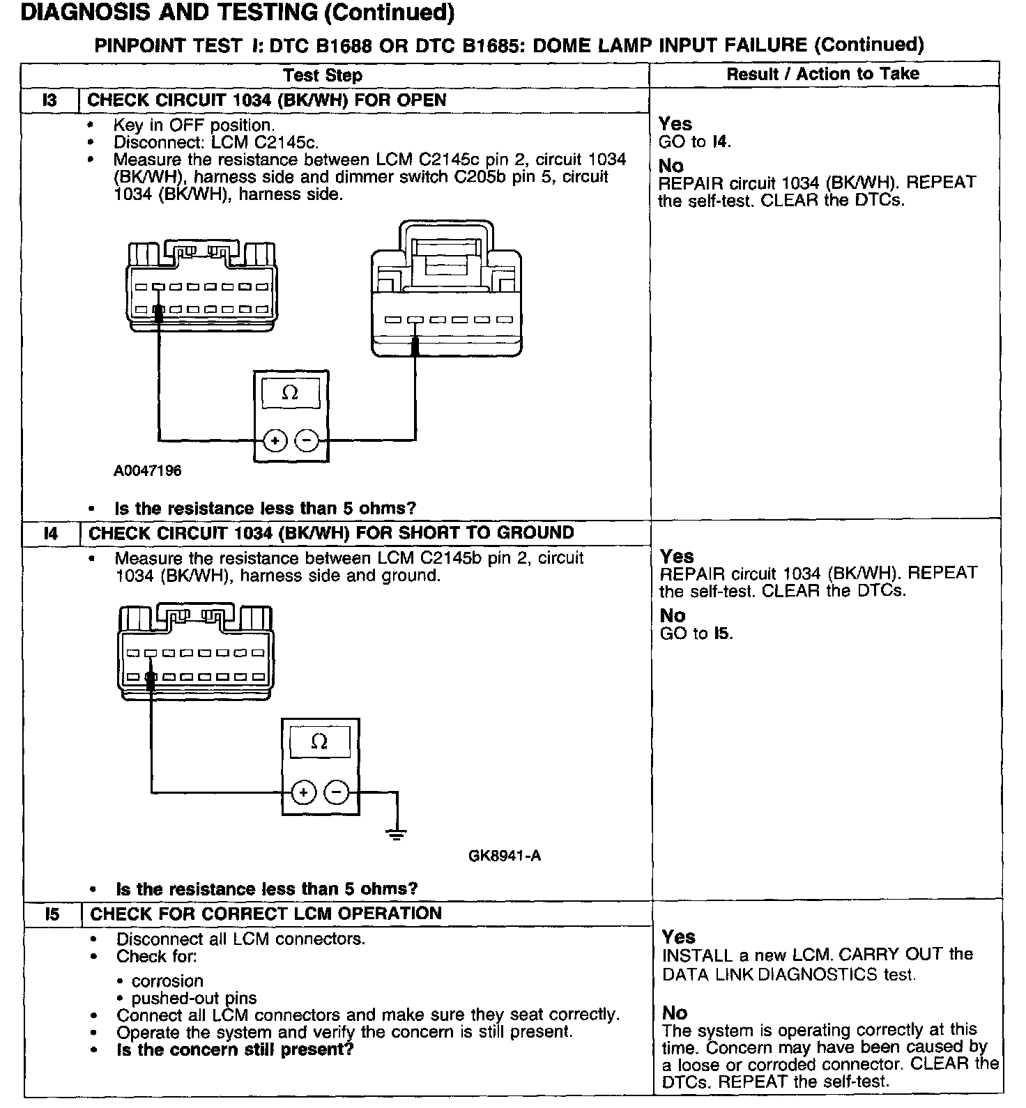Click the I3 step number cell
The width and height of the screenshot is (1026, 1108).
[x=50, y=100]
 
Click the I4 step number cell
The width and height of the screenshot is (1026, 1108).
[x=52, y=534]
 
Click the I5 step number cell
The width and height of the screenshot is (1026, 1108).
[x=52, y=914]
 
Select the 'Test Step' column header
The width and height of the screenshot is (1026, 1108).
[x=323, y=75]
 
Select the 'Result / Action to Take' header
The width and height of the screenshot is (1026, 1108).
[x=822, y=74]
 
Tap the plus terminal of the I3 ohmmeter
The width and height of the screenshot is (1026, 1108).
[x=276, y=440]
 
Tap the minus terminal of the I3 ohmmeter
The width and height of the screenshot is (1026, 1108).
[x=307, y=440]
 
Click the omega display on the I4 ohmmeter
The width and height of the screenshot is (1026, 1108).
[x=319, y=743]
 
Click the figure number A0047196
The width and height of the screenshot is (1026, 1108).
[x=147, y=471]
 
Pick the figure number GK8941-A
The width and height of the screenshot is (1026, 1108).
[x=505, y=856]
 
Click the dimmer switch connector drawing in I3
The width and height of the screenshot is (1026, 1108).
[x=444, y=290]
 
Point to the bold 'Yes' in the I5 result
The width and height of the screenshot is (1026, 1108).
[x=678, y=937]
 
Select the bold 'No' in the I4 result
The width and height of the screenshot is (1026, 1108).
[x=673, y=616]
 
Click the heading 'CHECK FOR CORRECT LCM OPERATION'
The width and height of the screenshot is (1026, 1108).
[x=266, y=914]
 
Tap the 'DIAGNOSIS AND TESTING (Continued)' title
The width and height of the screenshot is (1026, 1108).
[x=238, y=13]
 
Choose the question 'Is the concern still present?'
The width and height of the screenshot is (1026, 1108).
[x=235, y=1049]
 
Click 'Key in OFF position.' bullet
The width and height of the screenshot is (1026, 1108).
[x=194, y=125]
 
